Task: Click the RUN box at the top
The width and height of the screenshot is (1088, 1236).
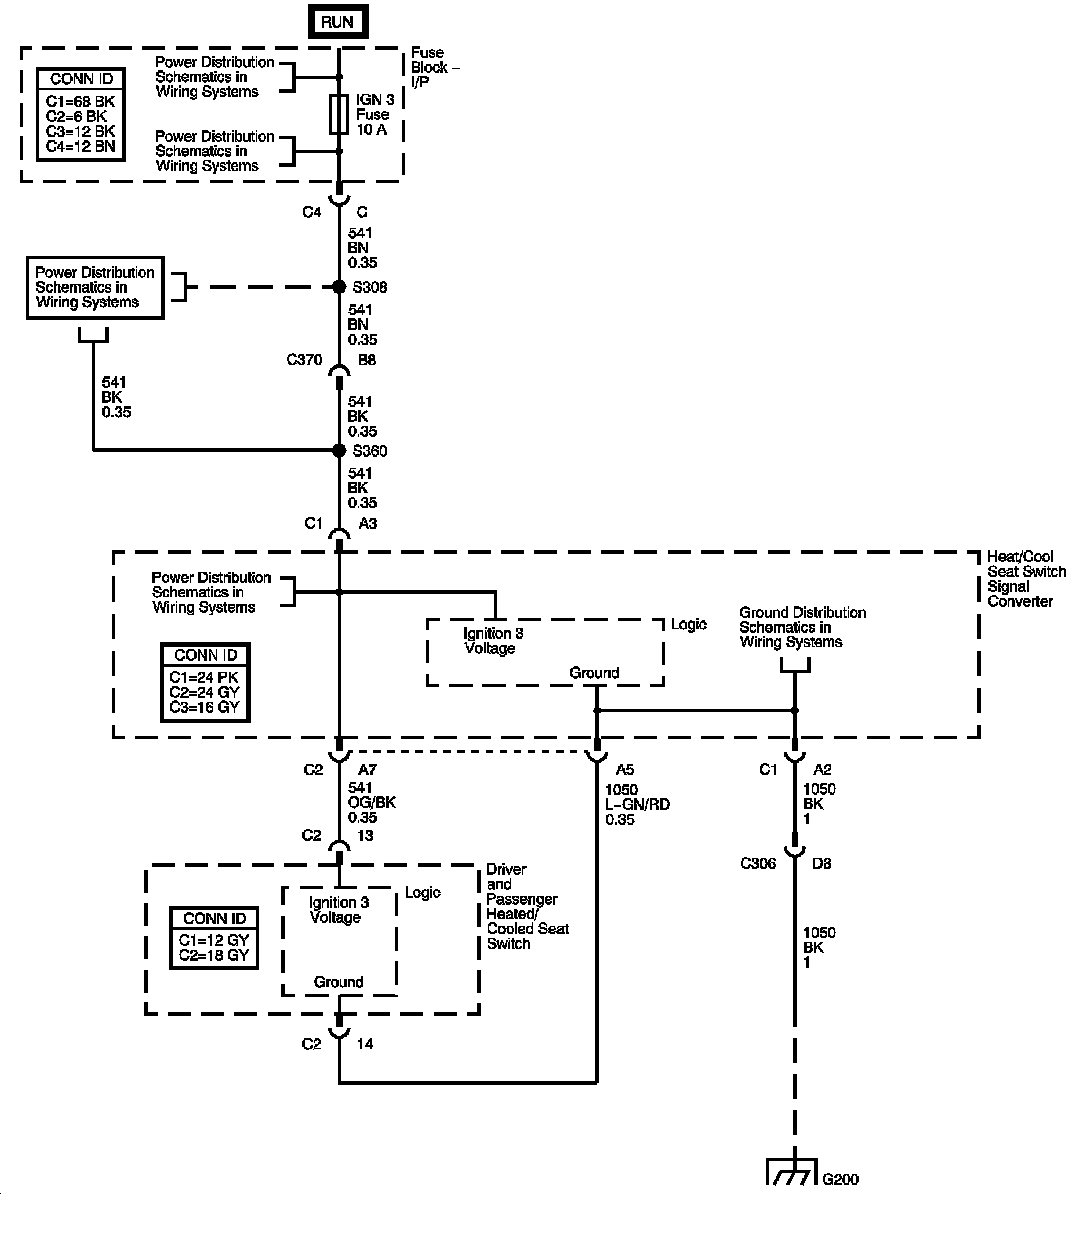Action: [337, 21]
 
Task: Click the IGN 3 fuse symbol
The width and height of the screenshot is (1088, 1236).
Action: [339, 114]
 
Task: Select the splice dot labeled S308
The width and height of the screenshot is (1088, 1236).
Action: [340, 287]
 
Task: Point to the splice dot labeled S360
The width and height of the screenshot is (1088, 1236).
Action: [340, 451]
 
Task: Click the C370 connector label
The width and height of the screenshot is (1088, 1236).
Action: [304, 360]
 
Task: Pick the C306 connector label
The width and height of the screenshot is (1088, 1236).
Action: [757, 863]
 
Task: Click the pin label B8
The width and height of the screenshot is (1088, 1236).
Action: [367, 360]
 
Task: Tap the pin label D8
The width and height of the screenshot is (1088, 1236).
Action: [821, 863]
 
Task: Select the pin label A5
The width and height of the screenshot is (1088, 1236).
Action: [625, 770]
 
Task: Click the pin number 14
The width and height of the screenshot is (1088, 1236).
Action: [365, 1044]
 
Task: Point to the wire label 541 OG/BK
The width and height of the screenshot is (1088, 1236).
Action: [370, 803]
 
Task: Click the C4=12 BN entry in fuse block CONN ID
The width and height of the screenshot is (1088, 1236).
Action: [81, 146]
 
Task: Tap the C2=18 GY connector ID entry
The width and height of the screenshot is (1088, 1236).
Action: [214, 955]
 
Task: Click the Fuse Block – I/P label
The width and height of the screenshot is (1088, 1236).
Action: [427, 67]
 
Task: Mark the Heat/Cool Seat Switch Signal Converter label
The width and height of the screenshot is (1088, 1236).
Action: [1026, 579]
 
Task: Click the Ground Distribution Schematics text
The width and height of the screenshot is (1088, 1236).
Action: [802, 627]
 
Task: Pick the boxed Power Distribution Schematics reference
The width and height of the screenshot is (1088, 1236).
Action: [95, 287]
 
